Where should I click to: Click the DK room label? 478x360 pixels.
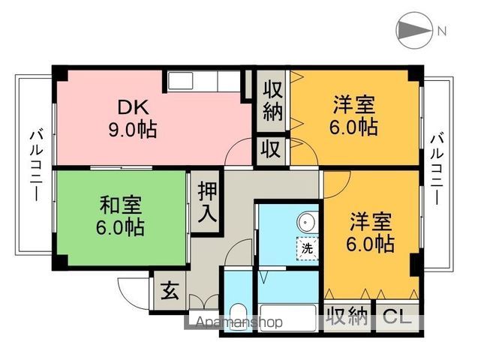(131, 107)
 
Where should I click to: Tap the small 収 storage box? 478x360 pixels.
(271, 149)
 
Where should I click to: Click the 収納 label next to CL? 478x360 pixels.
(347, 316)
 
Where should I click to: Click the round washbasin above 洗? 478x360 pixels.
(306, 223)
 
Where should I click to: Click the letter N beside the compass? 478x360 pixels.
(442, 31)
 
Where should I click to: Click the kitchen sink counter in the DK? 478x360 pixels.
(203, 80)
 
